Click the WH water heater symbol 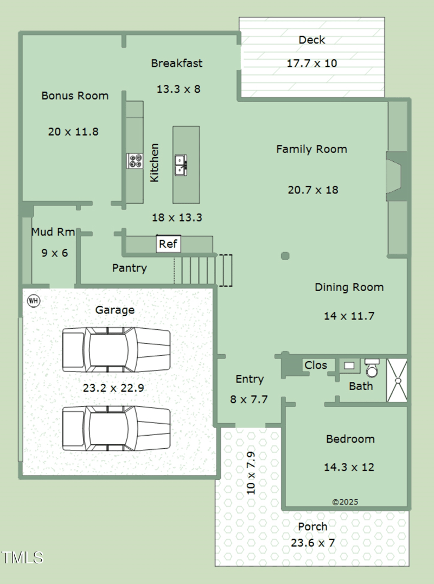[x=34, y=300]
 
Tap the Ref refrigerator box [x=168, y=244]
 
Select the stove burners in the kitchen [x=135, y=161]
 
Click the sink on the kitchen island [x=181, y=165]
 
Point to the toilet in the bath [x=372, y=368]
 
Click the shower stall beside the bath [x=397, y=380]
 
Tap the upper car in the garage [x=116, y=350]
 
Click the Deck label [x=312, y=40]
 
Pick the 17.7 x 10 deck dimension [x=312, y=63]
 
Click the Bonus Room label [x=75, y=96]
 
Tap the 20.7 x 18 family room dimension [x=313, y=190]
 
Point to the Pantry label [x=129, y=268]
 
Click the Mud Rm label [x=53, y=232]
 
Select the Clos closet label [x=316, y=365]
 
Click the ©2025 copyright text [x=345, y=502]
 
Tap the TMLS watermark [x=22, y=557]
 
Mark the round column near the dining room [x=285, y=256]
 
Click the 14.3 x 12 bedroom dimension [x=349, y=467]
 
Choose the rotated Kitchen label [x=155, y=162]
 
